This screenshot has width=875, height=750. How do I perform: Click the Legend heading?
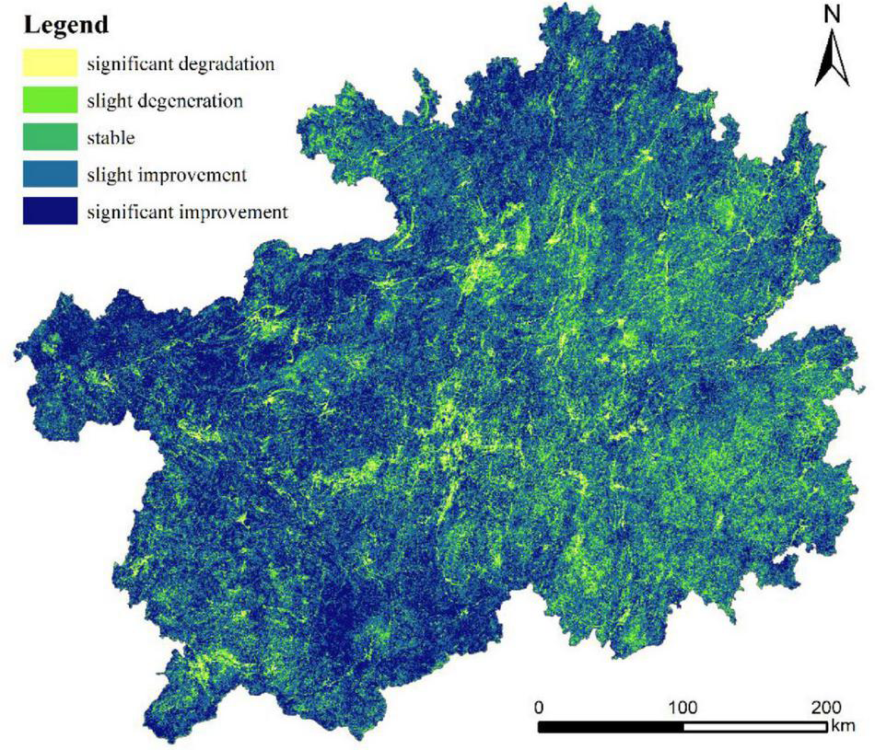coord(66,25)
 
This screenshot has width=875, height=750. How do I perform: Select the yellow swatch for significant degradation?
coord(50,64)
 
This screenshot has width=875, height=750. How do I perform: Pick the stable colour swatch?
coord(50,138)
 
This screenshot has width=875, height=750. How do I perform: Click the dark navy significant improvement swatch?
coord(50,212)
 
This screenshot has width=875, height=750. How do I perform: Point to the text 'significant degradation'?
coord(181,64)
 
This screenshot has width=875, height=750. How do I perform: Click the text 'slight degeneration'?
coord(165,101)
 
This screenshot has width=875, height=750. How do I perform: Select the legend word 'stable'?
coord(111,138)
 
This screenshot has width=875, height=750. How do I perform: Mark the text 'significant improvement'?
coord(188,212)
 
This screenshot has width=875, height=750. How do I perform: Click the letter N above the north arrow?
coord(833,14)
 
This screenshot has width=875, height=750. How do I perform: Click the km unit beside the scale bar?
coord(843,727)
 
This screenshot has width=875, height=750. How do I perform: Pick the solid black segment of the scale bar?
coord(610,727)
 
